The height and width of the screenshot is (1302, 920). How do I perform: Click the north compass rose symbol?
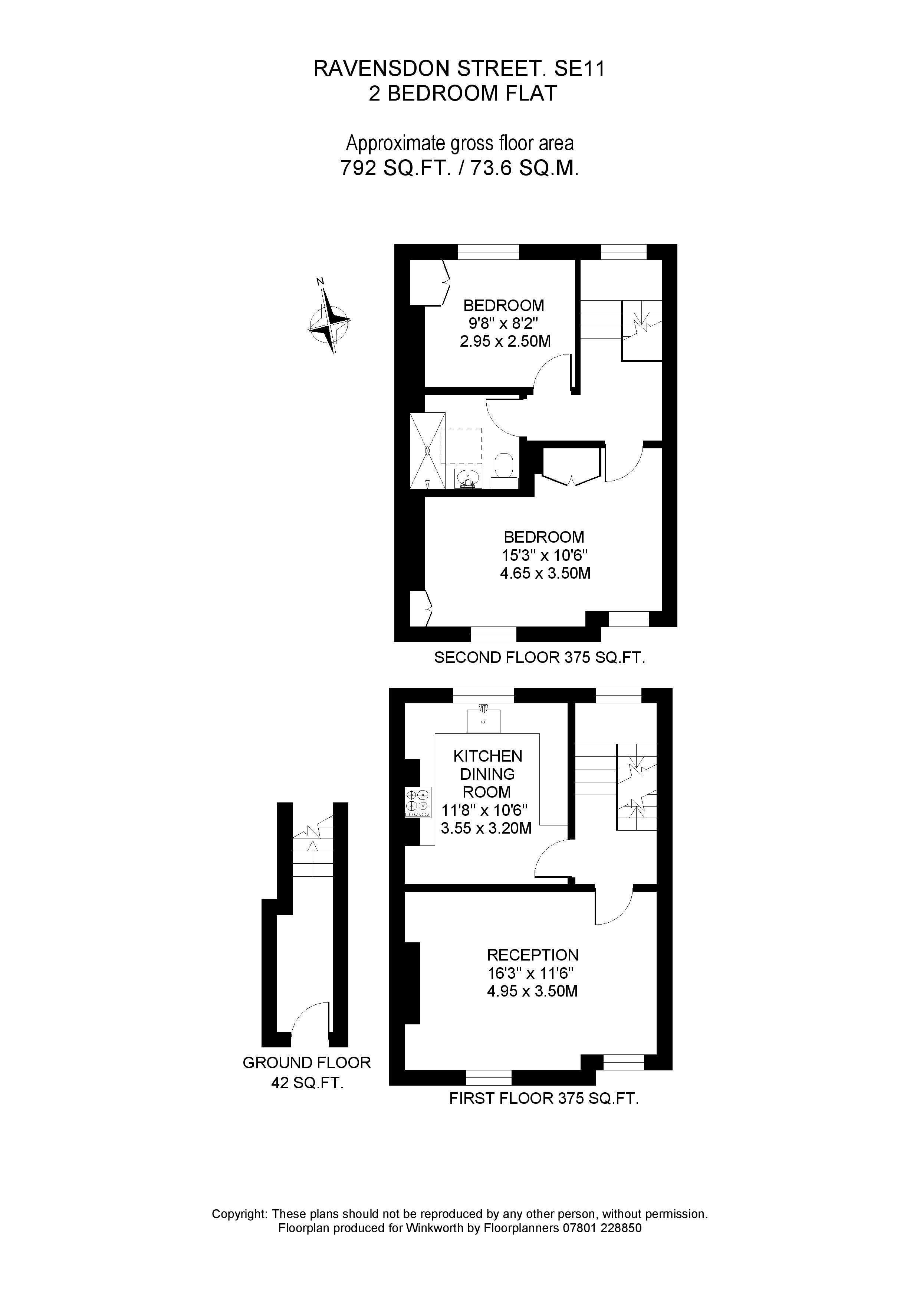pos(328,320)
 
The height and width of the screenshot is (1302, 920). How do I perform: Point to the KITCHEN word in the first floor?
pos(487,756)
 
